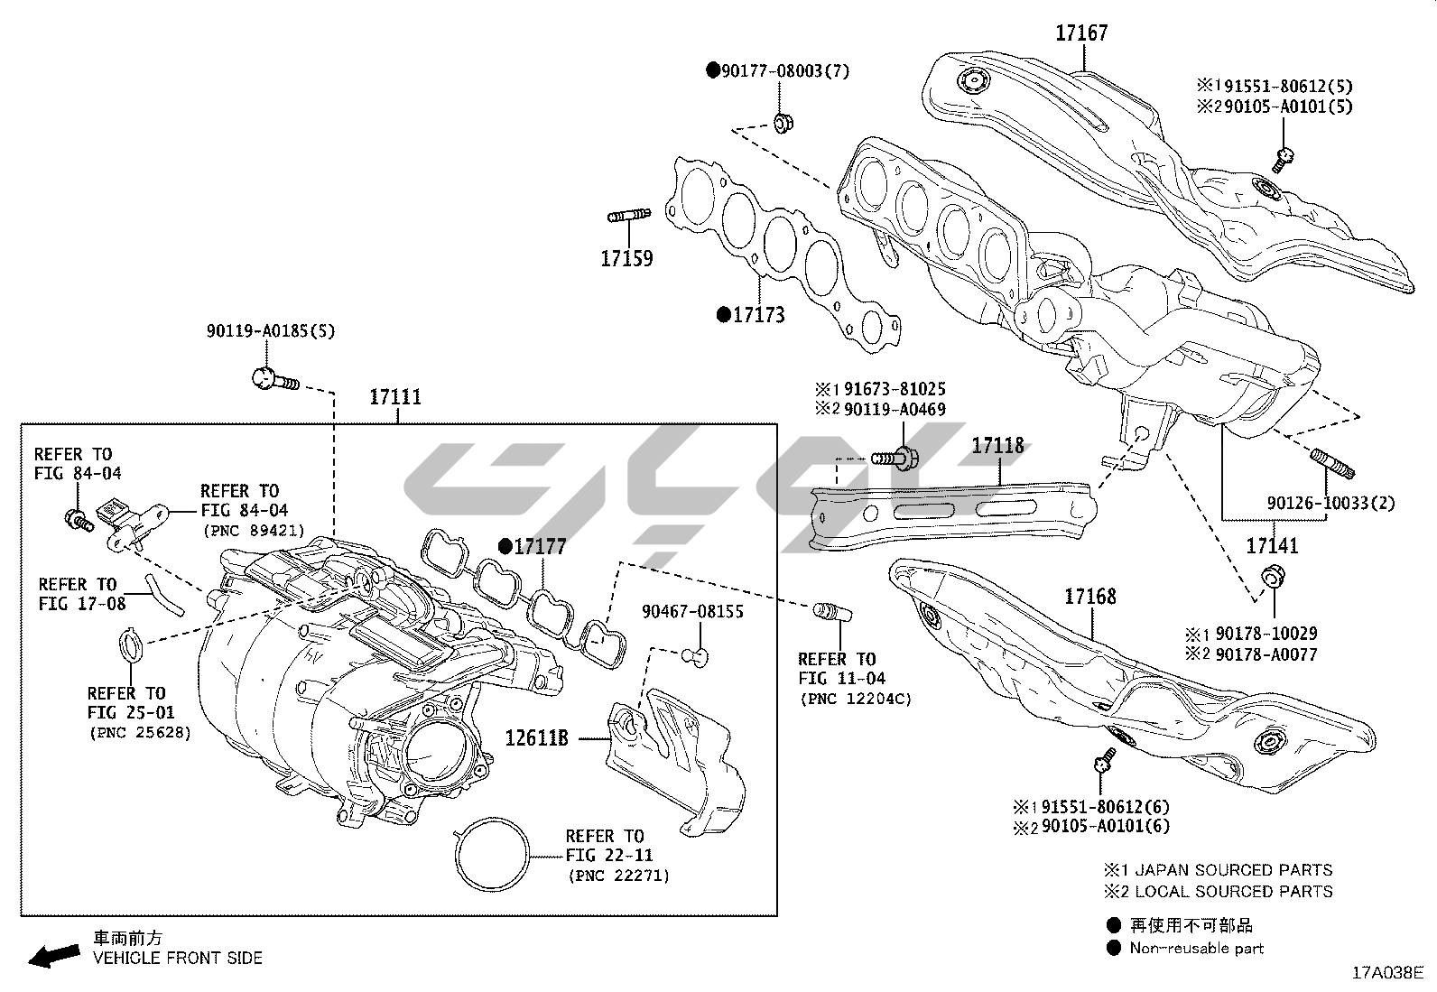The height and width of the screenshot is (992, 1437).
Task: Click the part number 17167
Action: pyautogui.click(x=1081, y=33)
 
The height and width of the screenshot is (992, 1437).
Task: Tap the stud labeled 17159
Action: pyautogui.click(x=628, y=216)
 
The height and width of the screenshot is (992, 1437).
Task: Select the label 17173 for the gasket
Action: pyautogui.click(x=758, y=315)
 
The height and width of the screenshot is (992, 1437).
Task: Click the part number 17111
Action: pyautogui.click(x=395, y=397)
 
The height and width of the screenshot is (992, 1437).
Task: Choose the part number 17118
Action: pyautogui.click(x=997, y=445)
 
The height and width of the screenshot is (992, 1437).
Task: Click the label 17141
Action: pyautogui.click(x=1272, y=545)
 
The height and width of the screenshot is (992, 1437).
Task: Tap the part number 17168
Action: pyautogui.click(x=1089, y=596)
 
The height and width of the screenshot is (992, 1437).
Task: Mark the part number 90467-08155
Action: pyautogui.click(x=692, y=611)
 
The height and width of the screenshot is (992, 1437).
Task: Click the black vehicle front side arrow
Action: pyautogui.click(x=53, y=955)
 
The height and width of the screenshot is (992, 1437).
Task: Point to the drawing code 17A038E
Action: pyautogui.click(x=1386, y=972)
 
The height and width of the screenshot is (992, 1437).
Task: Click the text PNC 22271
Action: pyautogui.click(x=619, y=876)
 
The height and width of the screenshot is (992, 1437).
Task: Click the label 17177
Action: pyautogui.click(x=541, y=546)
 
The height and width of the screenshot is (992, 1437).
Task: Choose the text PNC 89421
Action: pyautogui.click(x=254, y=531)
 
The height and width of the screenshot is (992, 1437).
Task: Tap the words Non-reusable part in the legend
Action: pyautogui.click(x=1196, y=948)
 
